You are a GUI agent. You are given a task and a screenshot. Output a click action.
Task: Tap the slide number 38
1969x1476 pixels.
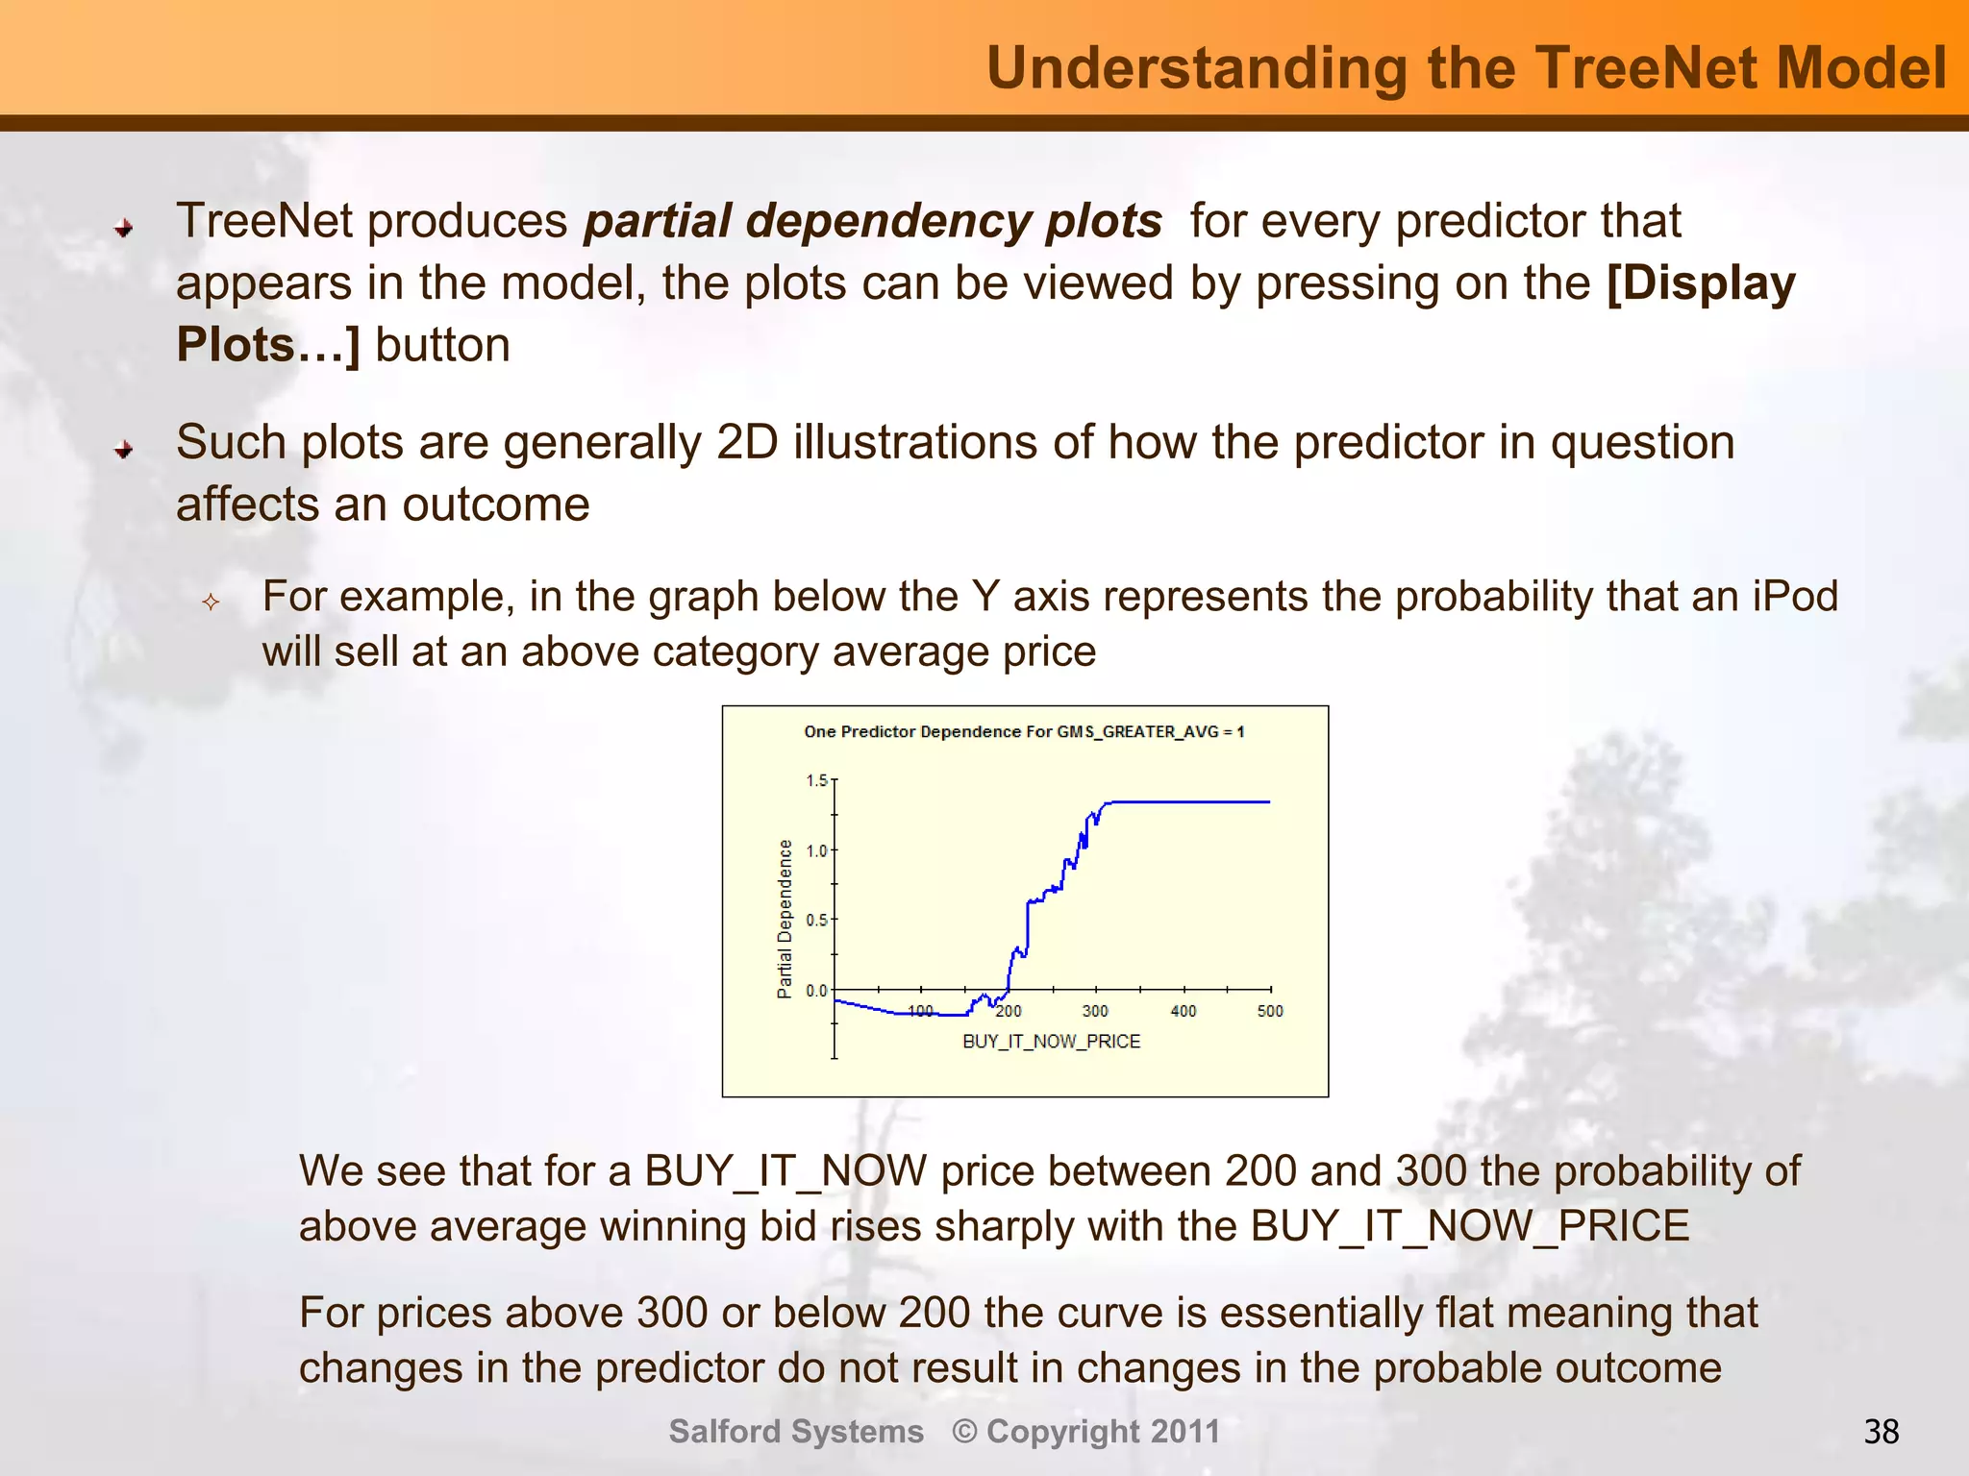pyautogui.click(x=1881, y=1432)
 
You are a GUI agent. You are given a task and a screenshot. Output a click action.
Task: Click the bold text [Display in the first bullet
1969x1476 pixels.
pyautogui.click(x=1700, y=283)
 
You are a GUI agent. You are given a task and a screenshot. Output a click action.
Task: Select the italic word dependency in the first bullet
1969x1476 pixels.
pyautogui.click(x=889, y=221)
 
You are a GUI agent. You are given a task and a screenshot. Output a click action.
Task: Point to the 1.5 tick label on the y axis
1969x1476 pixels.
pyautogui.click(x=816, y=780)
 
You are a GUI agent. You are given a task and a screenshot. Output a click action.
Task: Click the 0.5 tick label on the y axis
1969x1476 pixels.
pyautogui.click(x=816, y=921)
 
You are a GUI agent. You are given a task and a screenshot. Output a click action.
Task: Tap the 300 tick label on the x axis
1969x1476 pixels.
pyautogui.click(x=1095, y=1011)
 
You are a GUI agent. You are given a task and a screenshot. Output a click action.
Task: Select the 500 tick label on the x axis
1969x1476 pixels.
pyautogui.click(x=1270, y=1011)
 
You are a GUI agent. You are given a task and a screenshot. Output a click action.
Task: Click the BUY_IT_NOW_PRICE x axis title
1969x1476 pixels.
pyautogui.click(x=1051, y=1042)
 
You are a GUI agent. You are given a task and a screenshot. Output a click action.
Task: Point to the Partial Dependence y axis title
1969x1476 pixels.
pyautogui.click(x=785, y=919)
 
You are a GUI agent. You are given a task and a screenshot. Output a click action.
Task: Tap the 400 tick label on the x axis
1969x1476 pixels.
pyautogui.click(x=1184, y=1011)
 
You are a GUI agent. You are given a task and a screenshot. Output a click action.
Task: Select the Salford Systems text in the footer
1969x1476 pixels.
pyautogui.click(x=796, y=1432)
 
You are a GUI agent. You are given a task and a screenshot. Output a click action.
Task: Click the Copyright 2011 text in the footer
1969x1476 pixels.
pyautogui.click(x=1103, y=1432)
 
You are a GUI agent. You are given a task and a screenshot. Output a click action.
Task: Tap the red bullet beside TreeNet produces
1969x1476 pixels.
pyautogui.click(x=124, y=229)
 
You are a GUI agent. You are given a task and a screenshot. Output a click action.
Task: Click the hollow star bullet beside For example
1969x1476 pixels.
pyautogui.click(x=212, y=603)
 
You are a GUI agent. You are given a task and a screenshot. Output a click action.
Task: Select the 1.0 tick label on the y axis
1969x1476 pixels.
pyautogui.click(x=816, y=850)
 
